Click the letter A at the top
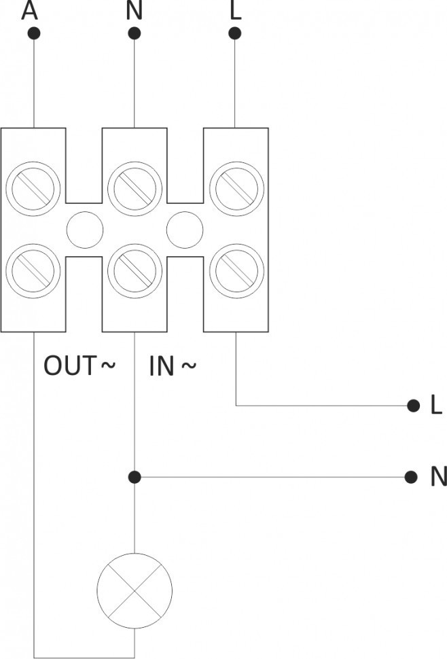pyautogui.click(x=29, y=10)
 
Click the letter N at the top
pyautogui.click(x=133, y=10)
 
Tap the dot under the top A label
pyautogui.click(x=33, y=33)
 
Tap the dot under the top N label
pyautogui.click(x=135, y=33)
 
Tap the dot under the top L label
pyautogui.click(x=235, y=33)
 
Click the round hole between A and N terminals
pyautogui.click(x=84, y=229)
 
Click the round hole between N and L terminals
pyautogui.click(x=185, y=229)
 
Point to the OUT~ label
pyautogui.click(x=79, y=366)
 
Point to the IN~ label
pyautogui.click(x=173, y=366)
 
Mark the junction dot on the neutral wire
pyautogui.click(x=135, y=477)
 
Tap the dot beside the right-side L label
pyautogui.click(x=412, y=406)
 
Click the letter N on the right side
pyautogui.click(x=438, y=478)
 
